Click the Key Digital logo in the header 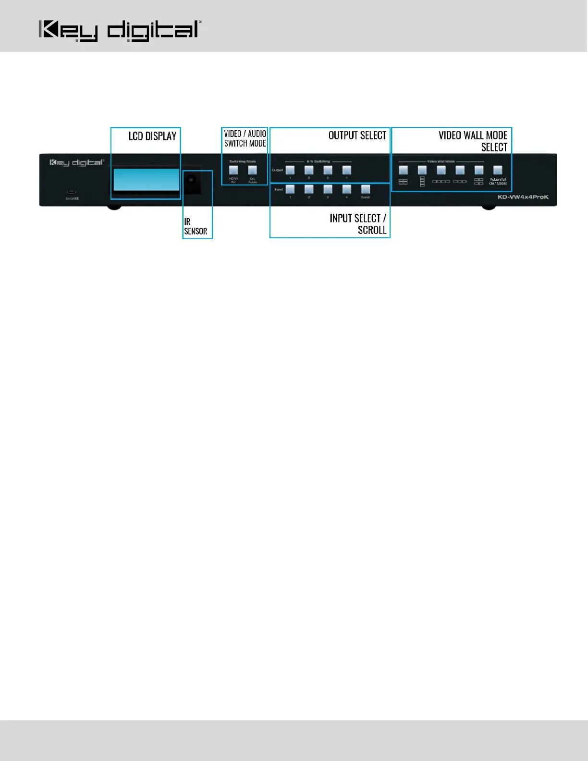120,31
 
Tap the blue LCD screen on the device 146,180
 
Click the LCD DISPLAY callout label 152,136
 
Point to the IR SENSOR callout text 196,226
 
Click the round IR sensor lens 191,180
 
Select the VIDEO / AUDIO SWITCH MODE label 245,138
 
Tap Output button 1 290,170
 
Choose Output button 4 346,170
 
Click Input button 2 309,189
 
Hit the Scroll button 366,189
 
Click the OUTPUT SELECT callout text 357,135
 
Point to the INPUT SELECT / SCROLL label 358,224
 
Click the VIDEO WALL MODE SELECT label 473,141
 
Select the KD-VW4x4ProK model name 523,197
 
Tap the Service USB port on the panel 72,193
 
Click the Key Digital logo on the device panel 76,163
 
